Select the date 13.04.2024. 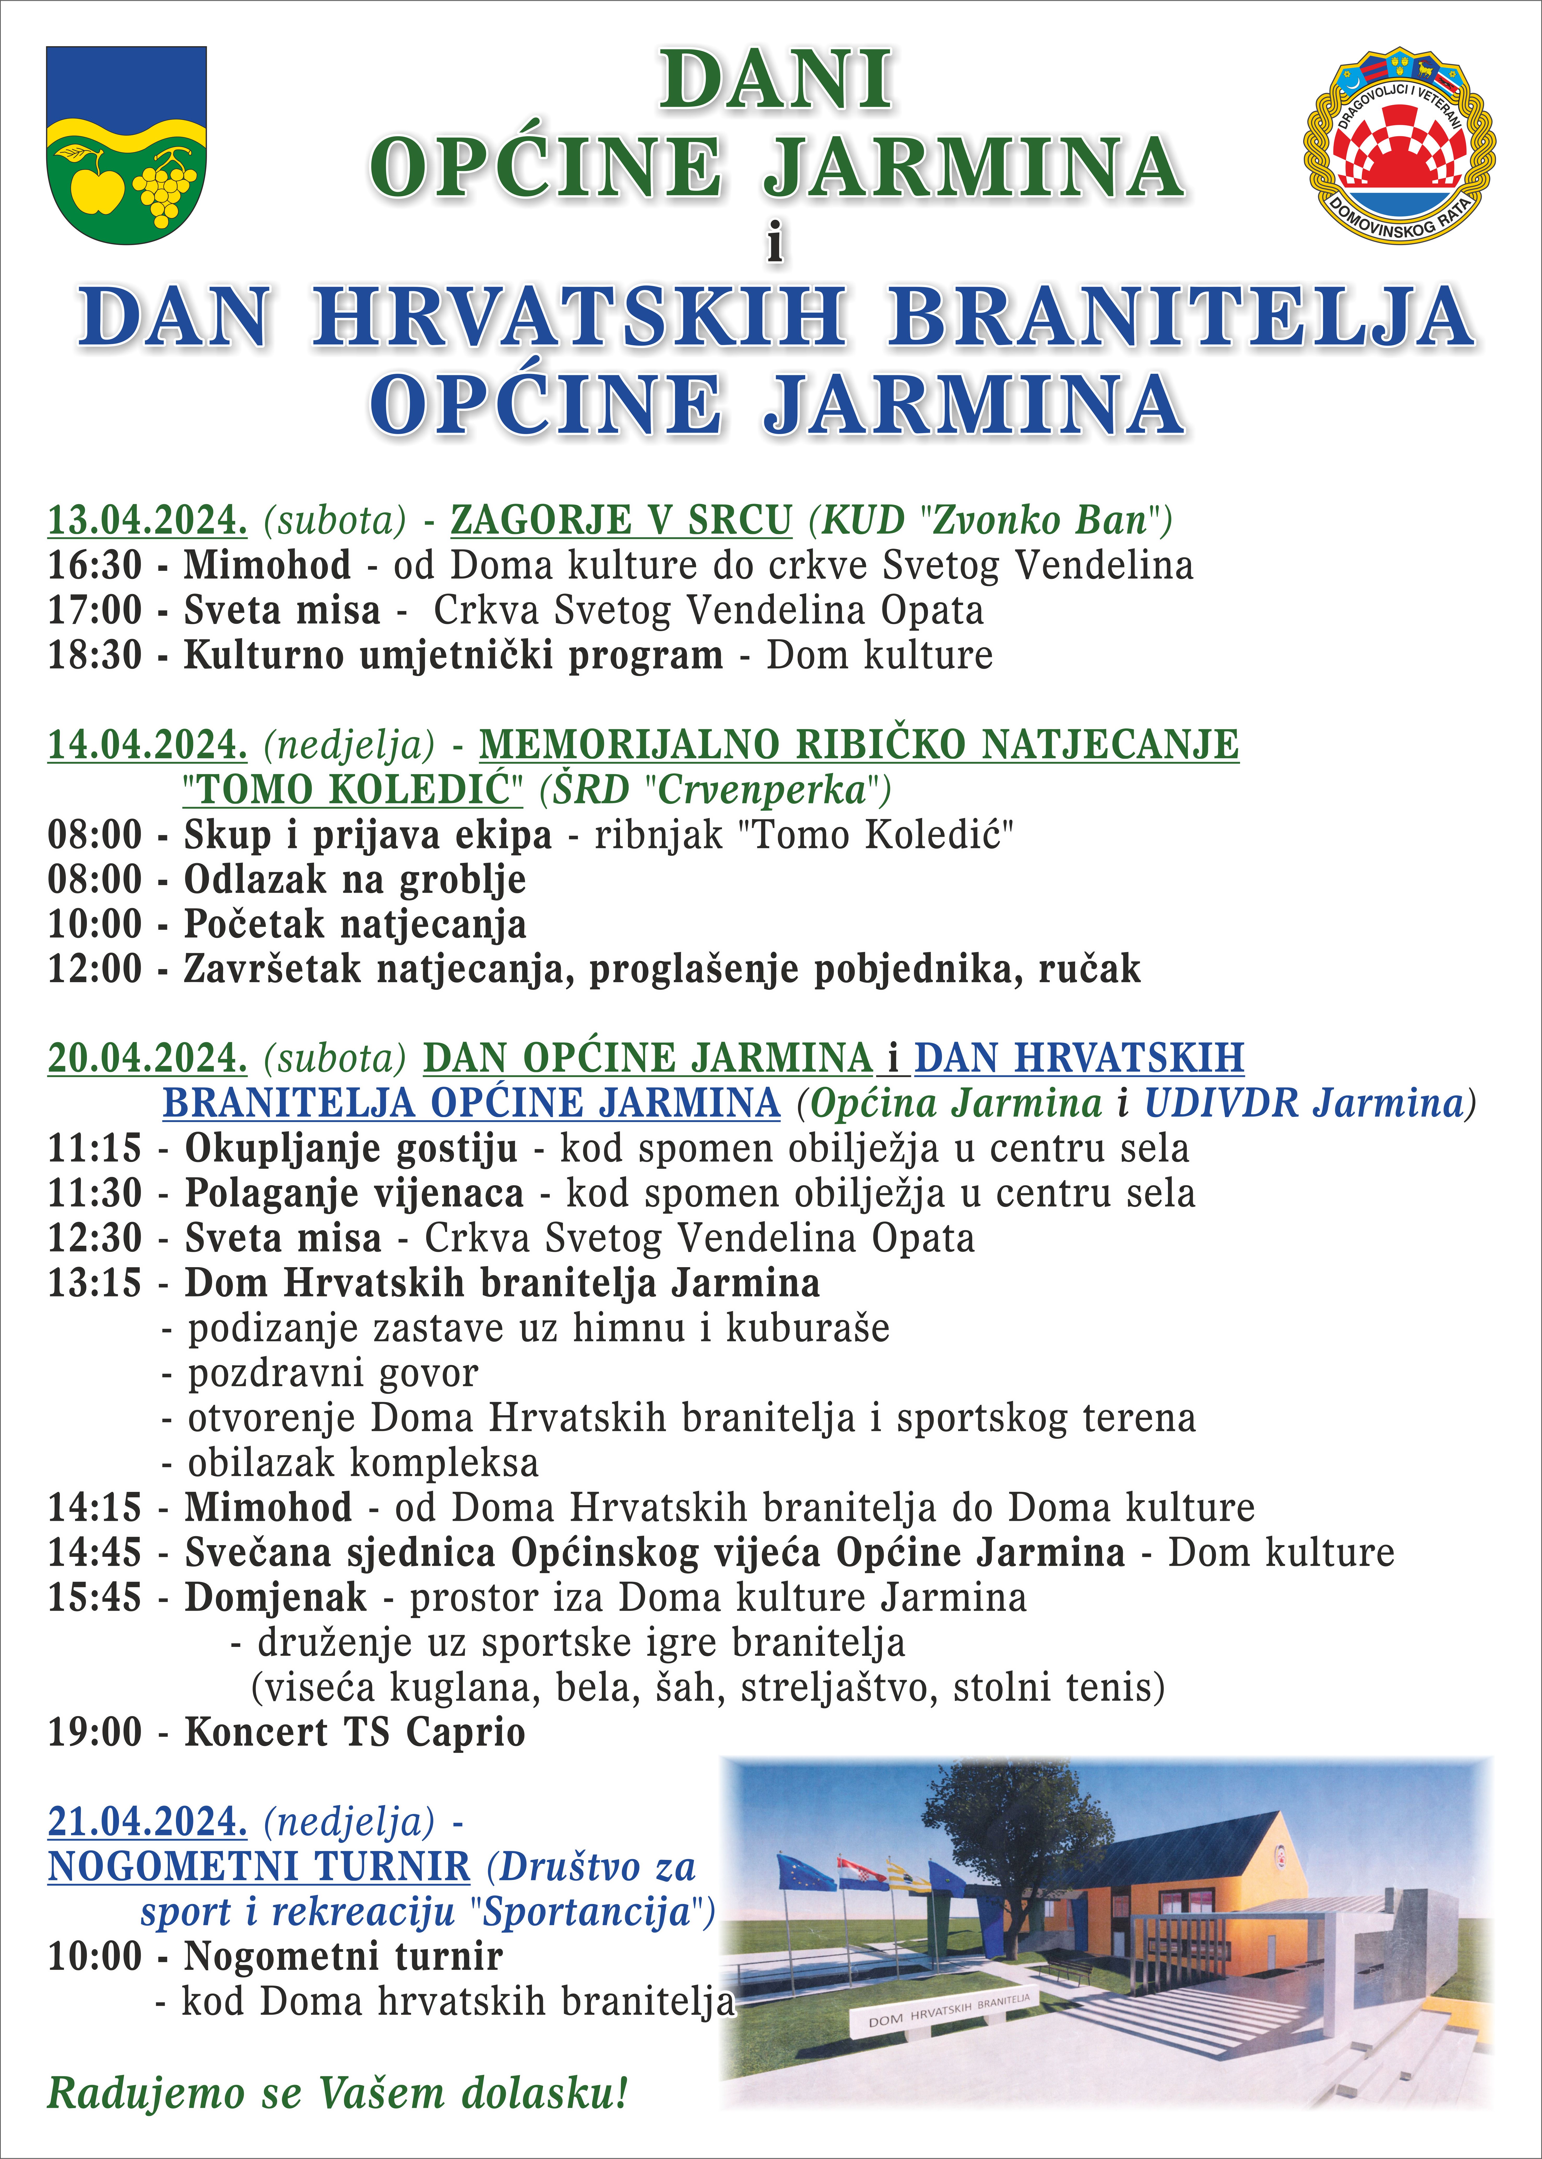[147, 520]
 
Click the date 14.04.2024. [147, 744]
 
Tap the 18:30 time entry [95, 655]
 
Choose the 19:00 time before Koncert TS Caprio [95, 1733]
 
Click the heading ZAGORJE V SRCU [621, 520]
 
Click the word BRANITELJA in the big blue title [1180, 317]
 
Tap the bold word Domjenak [275, 1598]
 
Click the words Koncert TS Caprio [354, 1733]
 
